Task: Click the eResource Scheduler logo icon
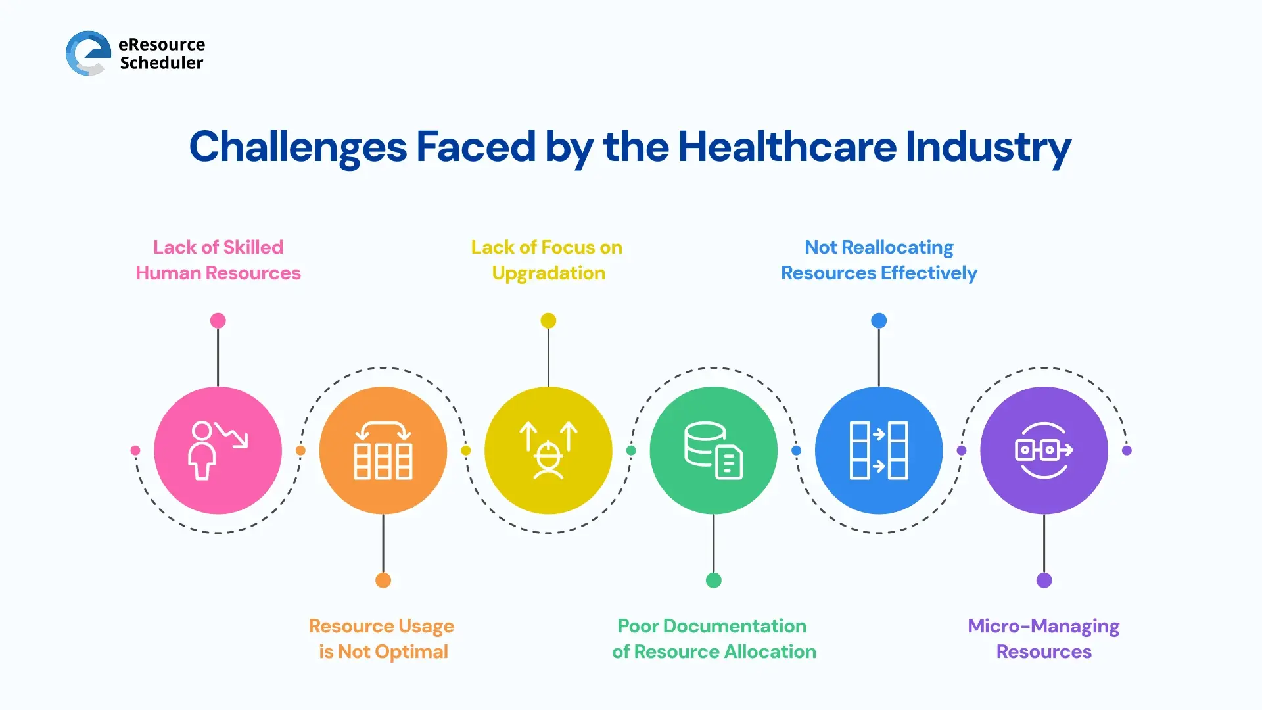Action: tap(88, 53)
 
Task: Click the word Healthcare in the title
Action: tap(787, 147)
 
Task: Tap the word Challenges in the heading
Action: tap(298, 147)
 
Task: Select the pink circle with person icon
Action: tap(218, 450)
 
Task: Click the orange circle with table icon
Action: tap(383, 450)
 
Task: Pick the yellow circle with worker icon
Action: tap(548, 450)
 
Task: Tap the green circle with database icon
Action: tap(713, 450)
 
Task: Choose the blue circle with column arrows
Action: tap(879, 450)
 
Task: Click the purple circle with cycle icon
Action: tap(1044, 450)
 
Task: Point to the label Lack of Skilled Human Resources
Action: tap(218, 260)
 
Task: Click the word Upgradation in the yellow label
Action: tap(549, 273)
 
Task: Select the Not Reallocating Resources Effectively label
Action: tap(879, 260)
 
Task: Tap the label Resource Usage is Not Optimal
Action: tap(383, 638)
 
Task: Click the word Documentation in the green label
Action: tap(734, 626)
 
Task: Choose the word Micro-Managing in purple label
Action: tap(1043, 626)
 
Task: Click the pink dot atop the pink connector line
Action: tap(218, 321)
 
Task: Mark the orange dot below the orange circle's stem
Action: tap(383, 580)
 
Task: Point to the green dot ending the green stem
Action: tap(714, 580)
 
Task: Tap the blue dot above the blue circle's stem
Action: tap(879, 321)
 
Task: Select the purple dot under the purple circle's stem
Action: tap(1044, 580)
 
